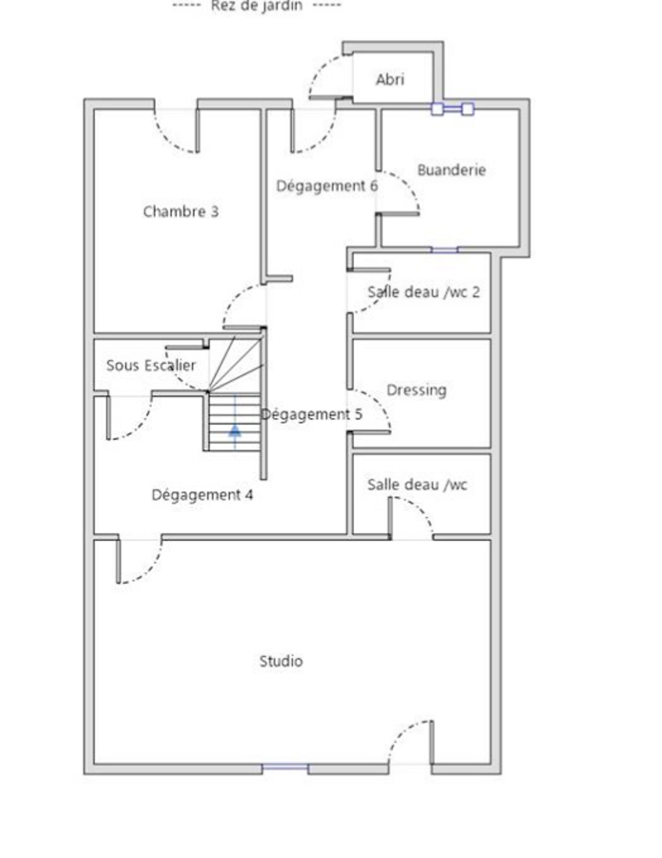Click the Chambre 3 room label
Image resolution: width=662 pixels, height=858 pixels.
(181, 212)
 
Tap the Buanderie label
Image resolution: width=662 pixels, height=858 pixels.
(452, 170)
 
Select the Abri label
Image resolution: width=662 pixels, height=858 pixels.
(390, 80)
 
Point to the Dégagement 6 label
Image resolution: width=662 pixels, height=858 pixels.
(327, 186)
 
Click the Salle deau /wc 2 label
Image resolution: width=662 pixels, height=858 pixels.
(424, 292)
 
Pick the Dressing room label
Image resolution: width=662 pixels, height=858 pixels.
(416, 390)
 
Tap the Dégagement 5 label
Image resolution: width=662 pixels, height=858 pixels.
(312, 414)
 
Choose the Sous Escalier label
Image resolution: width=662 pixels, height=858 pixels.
(151, 365)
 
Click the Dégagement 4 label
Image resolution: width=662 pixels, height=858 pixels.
(202, 495)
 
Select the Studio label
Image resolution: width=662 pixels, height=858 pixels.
(281, 661)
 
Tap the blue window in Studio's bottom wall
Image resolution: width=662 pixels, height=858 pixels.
(285, 767)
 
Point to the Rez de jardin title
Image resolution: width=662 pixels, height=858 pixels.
(256, 6)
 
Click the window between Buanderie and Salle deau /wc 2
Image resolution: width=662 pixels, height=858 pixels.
(444, 250)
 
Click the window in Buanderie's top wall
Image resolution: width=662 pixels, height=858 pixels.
(452, 109)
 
